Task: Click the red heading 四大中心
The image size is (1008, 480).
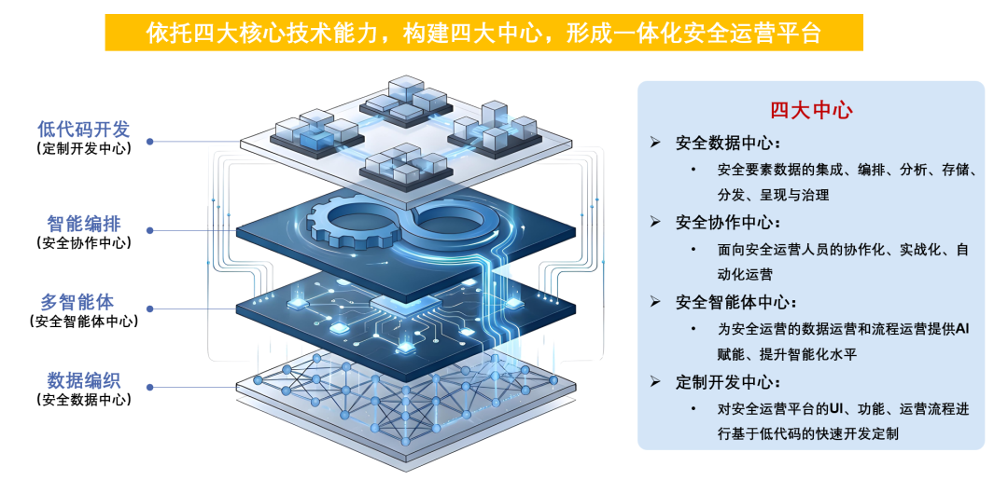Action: [811, 111]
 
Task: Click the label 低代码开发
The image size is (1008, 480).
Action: [84, 130]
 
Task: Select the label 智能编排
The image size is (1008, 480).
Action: [84, 224]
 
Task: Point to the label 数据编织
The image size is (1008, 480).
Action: [84, 380]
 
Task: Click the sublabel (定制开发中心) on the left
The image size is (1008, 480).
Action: [84, 149]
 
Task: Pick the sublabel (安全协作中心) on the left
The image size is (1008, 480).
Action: [84, 243]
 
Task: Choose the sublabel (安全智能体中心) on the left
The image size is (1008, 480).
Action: [84, 321]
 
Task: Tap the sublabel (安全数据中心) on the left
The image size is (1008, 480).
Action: [84, 400]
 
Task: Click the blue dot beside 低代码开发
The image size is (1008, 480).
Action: [149, 141]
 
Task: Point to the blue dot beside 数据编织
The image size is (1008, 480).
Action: [149, 388]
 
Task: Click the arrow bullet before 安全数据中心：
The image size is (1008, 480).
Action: [655, 142]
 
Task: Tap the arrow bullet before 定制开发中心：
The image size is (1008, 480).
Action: [655, 382]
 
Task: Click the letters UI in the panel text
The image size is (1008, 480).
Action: [836, 409]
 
